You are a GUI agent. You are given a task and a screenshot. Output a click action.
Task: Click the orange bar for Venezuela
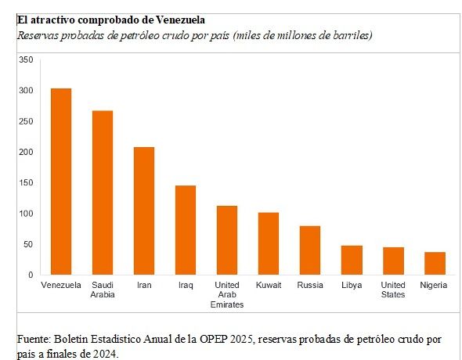(x=61, y=182)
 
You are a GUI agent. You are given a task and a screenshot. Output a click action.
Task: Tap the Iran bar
(x=144, y=211)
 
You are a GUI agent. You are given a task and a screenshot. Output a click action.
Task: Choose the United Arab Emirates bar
(x=227, y=240)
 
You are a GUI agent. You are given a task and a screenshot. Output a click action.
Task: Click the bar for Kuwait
(x=269, y=243)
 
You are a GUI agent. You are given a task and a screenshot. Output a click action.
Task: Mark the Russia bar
(x=310, y=250)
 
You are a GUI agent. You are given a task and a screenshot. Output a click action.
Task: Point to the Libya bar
(x=352, y=261)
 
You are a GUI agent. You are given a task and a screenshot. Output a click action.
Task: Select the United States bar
(x=393, y=261)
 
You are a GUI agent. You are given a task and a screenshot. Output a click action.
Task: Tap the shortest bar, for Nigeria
(x=435, y=264)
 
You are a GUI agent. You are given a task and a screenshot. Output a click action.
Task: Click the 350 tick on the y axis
(x=26, y=59)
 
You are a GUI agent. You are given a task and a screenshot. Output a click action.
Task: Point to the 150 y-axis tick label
(x=26, y=182)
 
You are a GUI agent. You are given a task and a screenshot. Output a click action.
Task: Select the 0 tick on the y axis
(x=31, y=275)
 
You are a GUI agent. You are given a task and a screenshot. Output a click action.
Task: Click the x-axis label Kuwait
(x=269, y=285)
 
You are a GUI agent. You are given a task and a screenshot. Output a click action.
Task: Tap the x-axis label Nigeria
(x=434, y=285)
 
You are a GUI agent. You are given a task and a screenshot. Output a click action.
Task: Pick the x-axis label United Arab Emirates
(x=227, y=294)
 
